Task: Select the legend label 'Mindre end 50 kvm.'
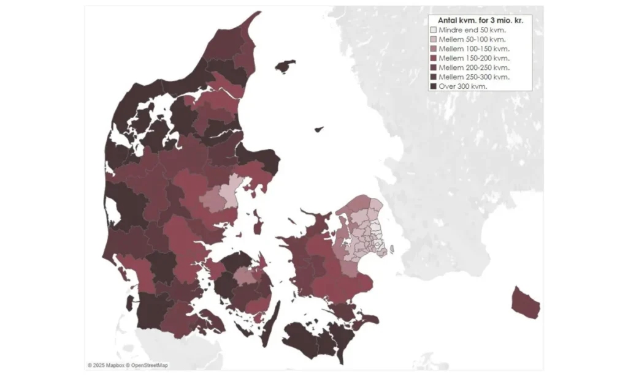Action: tap(476, 29)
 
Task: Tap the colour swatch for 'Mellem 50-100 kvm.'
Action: tap(434, 39)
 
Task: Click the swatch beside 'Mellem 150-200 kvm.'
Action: tap(434, 58)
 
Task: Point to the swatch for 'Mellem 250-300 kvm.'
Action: tap(434, 77)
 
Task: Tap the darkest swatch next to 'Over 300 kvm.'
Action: tap(434, 86)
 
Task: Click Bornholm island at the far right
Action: tap(526, 303)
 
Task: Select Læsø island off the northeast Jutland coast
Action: tap(285, 66)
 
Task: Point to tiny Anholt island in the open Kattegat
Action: tap(318, 129)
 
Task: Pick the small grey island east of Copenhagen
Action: tap(391, 249)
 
